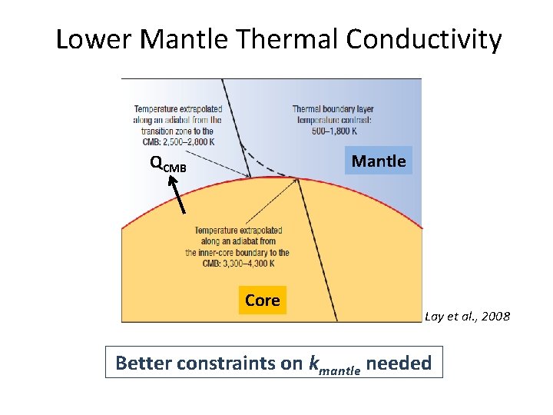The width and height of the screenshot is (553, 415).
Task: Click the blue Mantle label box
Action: coord(378,161)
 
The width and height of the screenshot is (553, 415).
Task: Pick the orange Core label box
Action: coord(262,300)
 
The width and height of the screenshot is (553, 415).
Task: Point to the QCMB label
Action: coord(167,164)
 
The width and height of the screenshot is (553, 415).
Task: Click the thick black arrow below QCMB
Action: coord(177,194)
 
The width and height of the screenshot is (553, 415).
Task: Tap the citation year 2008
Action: coord(493,317)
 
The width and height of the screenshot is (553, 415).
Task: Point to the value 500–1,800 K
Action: coord(333,130)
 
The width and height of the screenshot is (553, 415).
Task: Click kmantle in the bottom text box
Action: coord(334,364)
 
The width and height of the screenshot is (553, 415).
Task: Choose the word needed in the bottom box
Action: coord(399,363)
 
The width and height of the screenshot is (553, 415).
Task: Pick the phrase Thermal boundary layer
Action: coord(333,109)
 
